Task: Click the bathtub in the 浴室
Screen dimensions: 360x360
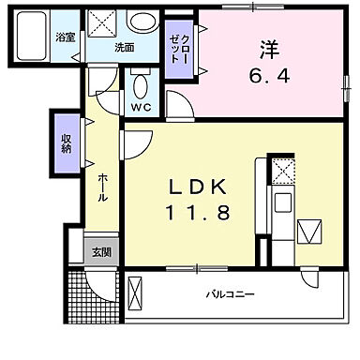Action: pos(34,38)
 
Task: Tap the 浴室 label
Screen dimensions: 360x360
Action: pos(66,37)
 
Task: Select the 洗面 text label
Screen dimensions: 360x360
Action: pos(124,46)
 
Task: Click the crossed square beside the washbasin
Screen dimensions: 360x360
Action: pos(103,22)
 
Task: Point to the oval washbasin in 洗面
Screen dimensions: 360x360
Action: pos(143,22)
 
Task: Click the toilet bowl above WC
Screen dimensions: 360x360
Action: pos(142,88)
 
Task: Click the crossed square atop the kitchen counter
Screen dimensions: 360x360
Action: pos(281,170)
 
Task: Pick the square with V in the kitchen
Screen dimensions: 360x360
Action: pos(308,230)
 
